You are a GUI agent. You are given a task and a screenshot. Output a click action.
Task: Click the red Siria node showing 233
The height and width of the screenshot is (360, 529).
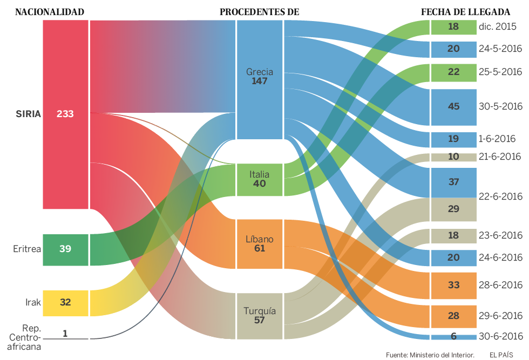tap(65, 114)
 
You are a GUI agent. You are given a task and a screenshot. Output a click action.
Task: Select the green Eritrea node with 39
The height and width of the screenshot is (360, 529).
tap(65, 249)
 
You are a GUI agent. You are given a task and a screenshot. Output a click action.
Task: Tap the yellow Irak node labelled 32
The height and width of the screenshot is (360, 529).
tap(65, 303)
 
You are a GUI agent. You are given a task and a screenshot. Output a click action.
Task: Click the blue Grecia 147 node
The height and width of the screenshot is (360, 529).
tap(260, 79)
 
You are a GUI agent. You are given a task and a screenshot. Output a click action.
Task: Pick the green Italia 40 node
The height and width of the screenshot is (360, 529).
tap(260, 179)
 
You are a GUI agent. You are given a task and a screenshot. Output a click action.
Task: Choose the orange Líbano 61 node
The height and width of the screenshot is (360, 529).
tap(260, 244)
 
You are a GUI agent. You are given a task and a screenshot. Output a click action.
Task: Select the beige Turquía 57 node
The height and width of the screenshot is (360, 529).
tap(260, 316)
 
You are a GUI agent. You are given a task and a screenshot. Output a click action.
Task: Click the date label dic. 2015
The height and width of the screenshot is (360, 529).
tap(497, 26)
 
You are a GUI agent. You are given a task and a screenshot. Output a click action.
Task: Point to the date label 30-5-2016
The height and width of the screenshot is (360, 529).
tap(500, 106)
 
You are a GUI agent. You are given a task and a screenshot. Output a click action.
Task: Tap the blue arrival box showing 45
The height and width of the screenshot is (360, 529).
tap(453, 106)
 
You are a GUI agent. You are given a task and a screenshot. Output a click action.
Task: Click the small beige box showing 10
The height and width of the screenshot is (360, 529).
tap(453, 157)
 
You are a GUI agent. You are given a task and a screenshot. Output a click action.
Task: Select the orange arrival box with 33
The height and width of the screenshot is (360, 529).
tap(453, 285)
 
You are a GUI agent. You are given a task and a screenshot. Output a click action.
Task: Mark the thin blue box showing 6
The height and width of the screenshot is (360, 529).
tap(453, 337)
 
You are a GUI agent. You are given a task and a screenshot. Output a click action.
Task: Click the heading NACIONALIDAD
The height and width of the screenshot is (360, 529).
tap(49, 11)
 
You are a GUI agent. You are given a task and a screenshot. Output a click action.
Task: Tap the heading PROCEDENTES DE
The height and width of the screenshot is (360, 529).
tap(260, 11)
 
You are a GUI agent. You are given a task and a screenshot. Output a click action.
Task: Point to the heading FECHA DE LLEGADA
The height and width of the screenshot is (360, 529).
tap(465, 11)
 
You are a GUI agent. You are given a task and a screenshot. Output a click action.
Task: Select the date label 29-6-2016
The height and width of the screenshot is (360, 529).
tap(500, 315)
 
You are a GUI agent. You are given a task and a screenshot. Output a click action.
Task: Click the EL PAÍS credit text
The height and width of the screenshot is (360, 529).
tap(501, 355)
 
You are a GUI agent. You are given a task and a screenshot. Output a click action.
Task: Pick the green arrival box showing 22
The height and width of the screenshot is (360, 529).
tap(453, 72)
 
